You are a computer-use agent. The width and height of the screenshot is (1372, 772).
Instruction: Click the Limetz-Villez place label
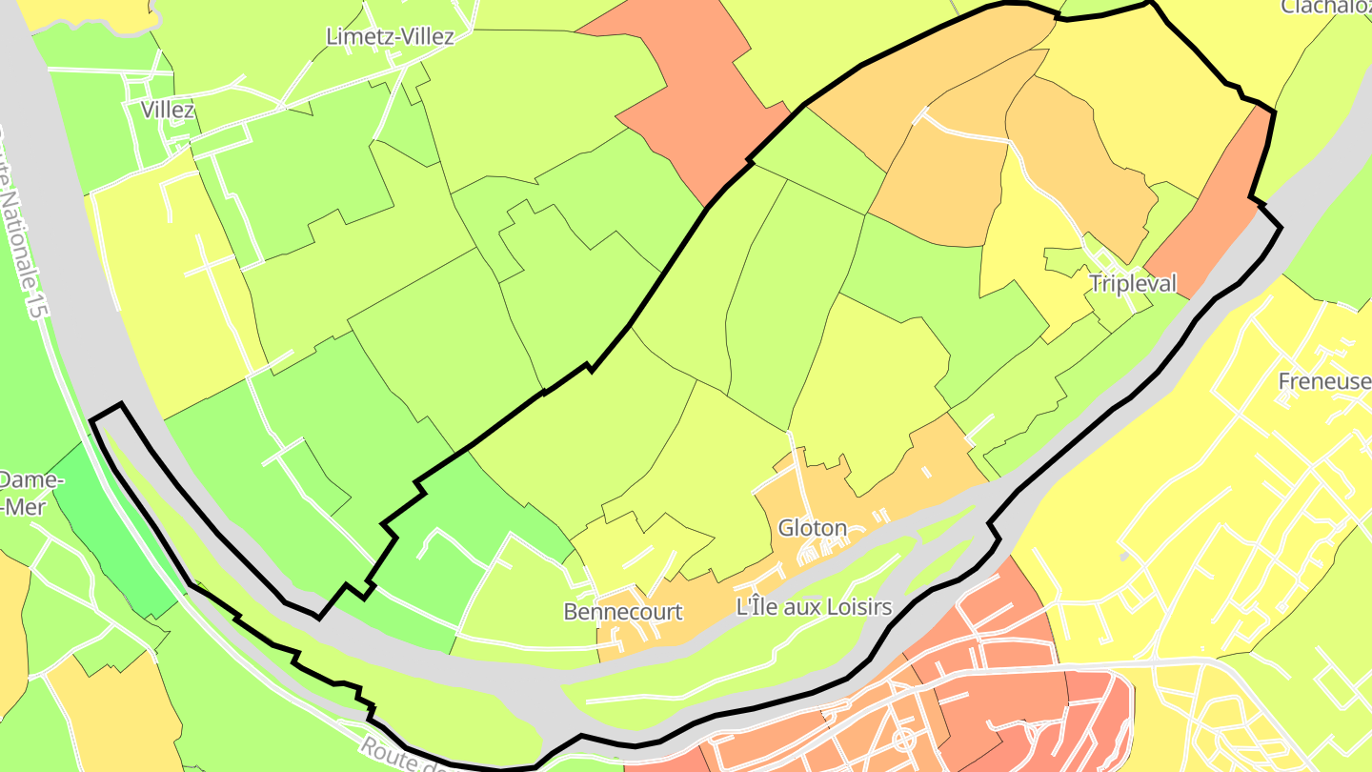(390, 36)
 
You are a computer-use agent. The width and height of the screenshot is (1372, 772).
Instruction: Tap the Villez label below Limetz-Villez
(168, 110)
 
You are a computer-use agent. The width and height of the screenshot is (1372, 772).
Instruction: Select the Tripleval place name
(1133, 283)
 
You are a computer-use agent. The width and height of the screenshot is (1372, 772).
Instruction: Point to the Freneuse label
(1325, 381)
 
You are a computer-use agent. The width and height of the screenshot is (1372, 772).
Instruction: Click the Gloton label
(812, 527)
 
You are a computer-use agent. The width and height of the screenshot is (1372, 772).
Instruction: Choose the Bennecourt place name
(623, 611)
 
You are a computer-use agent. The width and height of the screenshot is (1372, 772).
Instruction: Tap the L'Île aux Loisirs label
(814, 607)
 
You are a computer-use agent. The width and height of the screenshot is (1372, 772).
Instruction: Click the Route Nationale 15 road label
(26, 229)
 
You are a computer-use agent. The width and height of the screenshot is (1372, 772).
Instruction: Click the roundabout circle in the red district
(902, 739)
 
